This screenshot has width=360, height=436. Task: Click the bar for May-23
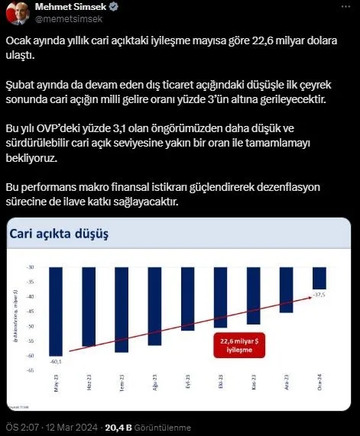tap(56, 309)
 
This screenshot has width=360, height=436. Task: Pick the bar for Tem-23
tap(122, 308)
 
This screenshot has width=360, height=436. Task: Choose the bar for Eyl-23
tap(187, 298)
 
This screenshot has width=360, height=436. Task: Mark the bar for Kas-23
tap(253, 295)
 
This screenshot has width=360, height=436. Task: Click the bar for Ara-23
tap(286, 289)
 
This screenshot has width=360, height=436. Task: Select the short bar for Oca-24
tap(319, 278)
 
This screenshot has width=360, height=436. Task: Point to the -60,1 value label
tap(55, 362)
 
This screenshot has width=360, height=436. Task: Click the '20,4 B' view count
tap(118, 427)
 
